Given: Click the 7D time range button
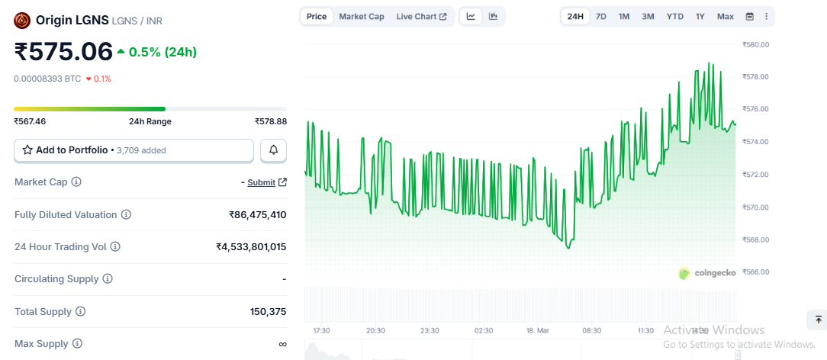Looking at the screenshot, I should pyautogui.click(x=601, y=16).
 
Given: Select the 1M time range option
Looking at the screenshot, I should pyautogui.click(x=624, y=16).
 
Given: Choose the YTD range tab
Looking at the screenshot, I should pyautogui.click(x=674, y=16).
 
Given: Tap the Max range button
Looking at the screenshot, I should pyautogui.click(x=725, y=16).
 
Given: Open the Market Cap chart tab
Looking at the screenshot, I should pyautogui.click(x=362, y=16).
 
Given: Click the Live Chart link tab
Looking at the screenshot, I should pyautogui.click(x=421, y=16).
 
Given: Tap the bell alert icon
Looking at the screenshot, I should pyautogui.click(x=274, y=150).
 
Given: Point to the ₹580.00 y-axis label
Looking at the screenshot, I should pyautogui.click(x=755, y=45).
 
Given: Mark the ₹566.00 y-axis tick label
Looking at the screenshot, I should pyautogui.click(x=755, y=272).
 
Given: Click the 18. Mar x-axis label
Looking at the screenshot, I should pyautogui.click(x=537, y=330).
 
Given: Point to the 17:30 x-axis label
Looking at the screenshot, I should pyautogui.click(x=321, y=330).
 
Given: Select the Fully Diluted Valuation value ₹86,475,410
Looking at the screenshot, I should pyautogui.click(x=258, y=215).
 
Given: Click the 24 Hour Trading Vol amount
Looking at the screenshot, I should pyautogui.click(x=251, y=247).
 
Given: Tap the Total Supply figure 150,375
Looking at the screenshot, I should pyautogui.click(x=269, y=312).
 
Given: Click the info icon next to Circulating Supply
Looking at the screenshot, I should pyautogui.click(x=108, y=279).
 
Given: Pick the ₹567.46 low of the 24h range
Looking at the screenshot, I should pyautogui.click(x=30, y=121).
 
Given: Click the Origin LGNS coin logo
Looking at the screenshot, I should pyautogui.click(x=22, y=21).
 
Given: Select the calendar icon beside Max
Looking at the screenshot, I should pyautogui.click(x=749, y=16).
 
